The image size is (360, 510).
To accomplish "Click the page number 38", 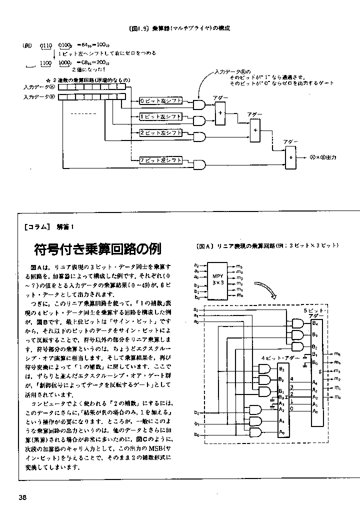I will [x=23, y=496].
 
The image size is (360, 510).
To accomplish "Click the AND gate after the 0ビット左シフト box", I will [x=198, y=104].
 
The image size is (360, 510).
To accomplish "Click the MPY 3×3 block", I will [x=217, y=279].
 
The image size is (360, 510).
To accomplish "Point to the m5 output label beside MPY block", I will [x=240, y=265].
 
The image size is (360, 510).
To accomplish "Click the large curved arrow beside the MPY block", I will [x=265, y=289].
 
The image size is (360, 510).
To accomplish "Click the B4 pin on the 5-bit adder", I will [x=315, y=323].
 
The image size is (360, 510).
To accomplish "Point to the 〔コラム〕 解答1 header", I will [x=48, y=227].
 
